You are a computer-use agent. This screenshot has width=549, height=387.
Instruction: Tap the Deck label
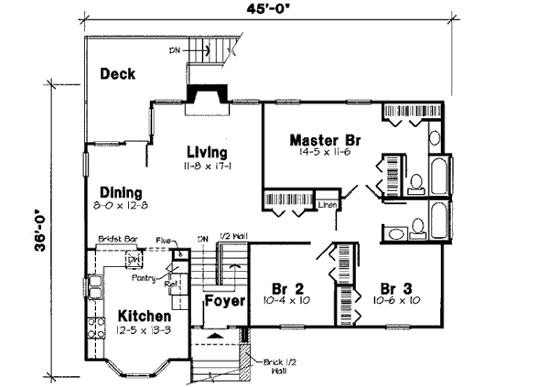tap(118, 73)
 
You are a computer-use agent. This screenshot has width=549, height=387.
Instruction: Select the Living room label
tap(207, 152)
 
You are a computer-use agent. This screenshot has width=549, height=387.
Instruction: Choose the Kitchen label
tap(145, 317)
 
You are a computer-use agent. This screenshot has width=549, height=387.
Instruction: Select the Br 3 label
tap(395, 285)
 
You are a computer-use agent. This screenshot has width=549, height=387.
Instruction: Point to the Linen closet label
tap(328, 204)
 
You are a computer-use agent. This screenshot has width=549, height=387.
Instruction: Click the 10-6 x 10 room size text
tap(396, 300)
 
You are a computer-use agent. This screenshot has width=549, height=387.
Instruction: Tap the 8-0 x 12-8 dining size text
tap(122, 208)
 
